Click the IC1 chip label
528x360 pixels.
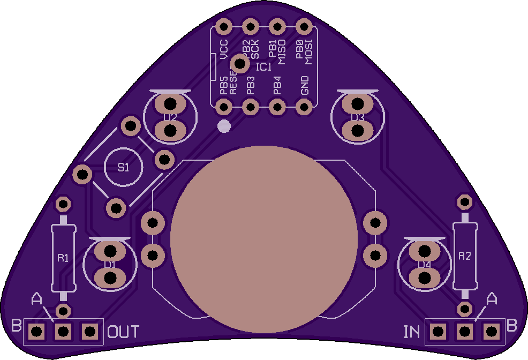[264, 67]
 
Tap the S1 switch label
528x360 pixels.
[124, 168]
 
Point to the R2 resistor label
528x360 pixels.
[464, 256]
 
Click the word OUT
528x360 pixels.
[124, 332]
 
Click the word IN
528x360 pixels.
[412, 332]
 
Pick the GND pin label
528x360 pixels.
[305, 85]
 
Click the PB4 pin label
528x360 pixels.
[277, 86]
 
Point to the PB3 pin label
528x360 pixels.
[250, 86]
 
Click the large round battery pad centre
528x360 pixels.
[264, 239]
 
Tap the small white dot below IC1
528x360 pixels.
[224, 126]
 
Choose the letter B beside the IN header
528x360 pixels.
[512, 325]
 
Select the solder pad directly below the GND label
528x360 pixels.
[305, 108]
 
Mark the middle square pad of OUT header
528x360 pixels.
[63, 332]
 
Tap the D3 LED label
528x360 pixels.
[357, 117]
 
